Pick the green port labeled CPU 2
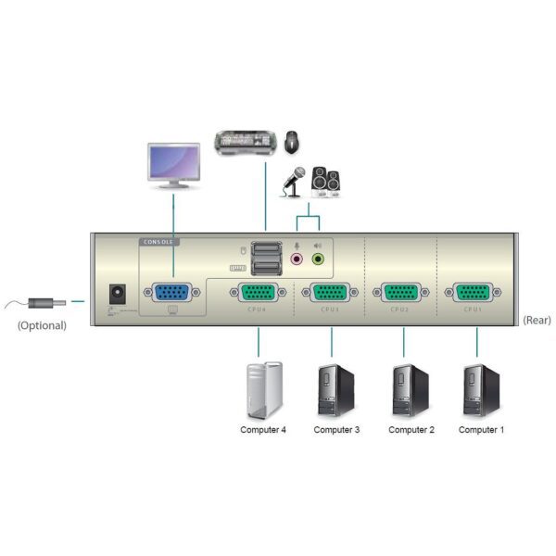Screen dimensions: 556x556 (x=400, y=294)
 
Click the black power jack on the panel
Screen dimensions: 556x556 (x=118, y=293)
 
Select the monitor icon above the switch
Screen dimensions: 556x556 (x=173, y=163)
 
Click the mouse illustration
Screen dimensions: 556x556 (x=293, y=142)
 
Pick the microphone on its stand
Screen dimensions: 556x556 (x=294, y=181)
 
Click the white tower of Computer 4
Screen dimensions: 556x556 (x=262, y=389)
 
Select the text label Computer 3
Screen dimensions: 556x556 (x=336, y=430)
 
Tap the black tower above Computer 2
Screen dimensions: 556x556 (x=410, y=389)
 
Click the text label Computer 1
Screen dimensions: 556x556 (x=482, y=430)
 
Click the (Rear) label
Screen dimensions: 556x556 (x=537, y=320)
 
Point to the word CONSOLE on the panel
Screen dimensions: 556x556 (x=159, y=242)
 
